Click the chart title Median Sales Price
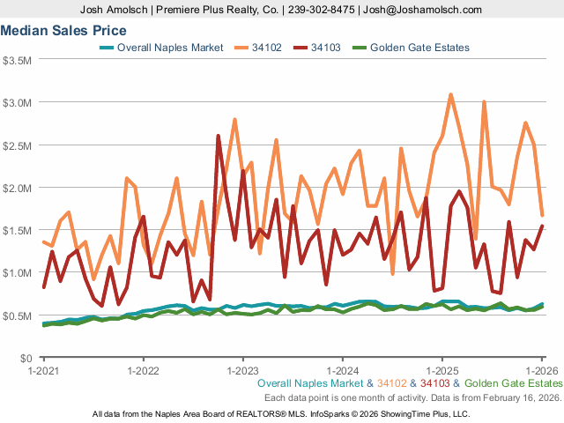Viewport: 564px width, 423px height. (x=63, y=31)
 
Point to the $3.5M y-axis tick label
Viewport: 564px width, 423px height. (x=18, y=61)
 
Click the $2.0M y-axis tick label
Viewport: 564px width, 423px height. (x=18, y=188)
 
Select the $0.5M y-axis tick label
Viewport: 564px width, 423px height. (x=18, y=315)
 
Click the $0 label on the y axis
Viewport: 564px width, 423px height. (x=26, y=358)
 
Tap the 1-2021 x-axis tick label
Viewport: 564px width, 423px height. (x=43, y=371)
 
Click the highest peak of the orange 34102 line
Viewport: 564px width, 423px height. (x=450, y=94)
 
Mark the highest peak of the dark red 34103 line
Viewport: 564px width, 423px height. (x=219, y=136)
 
